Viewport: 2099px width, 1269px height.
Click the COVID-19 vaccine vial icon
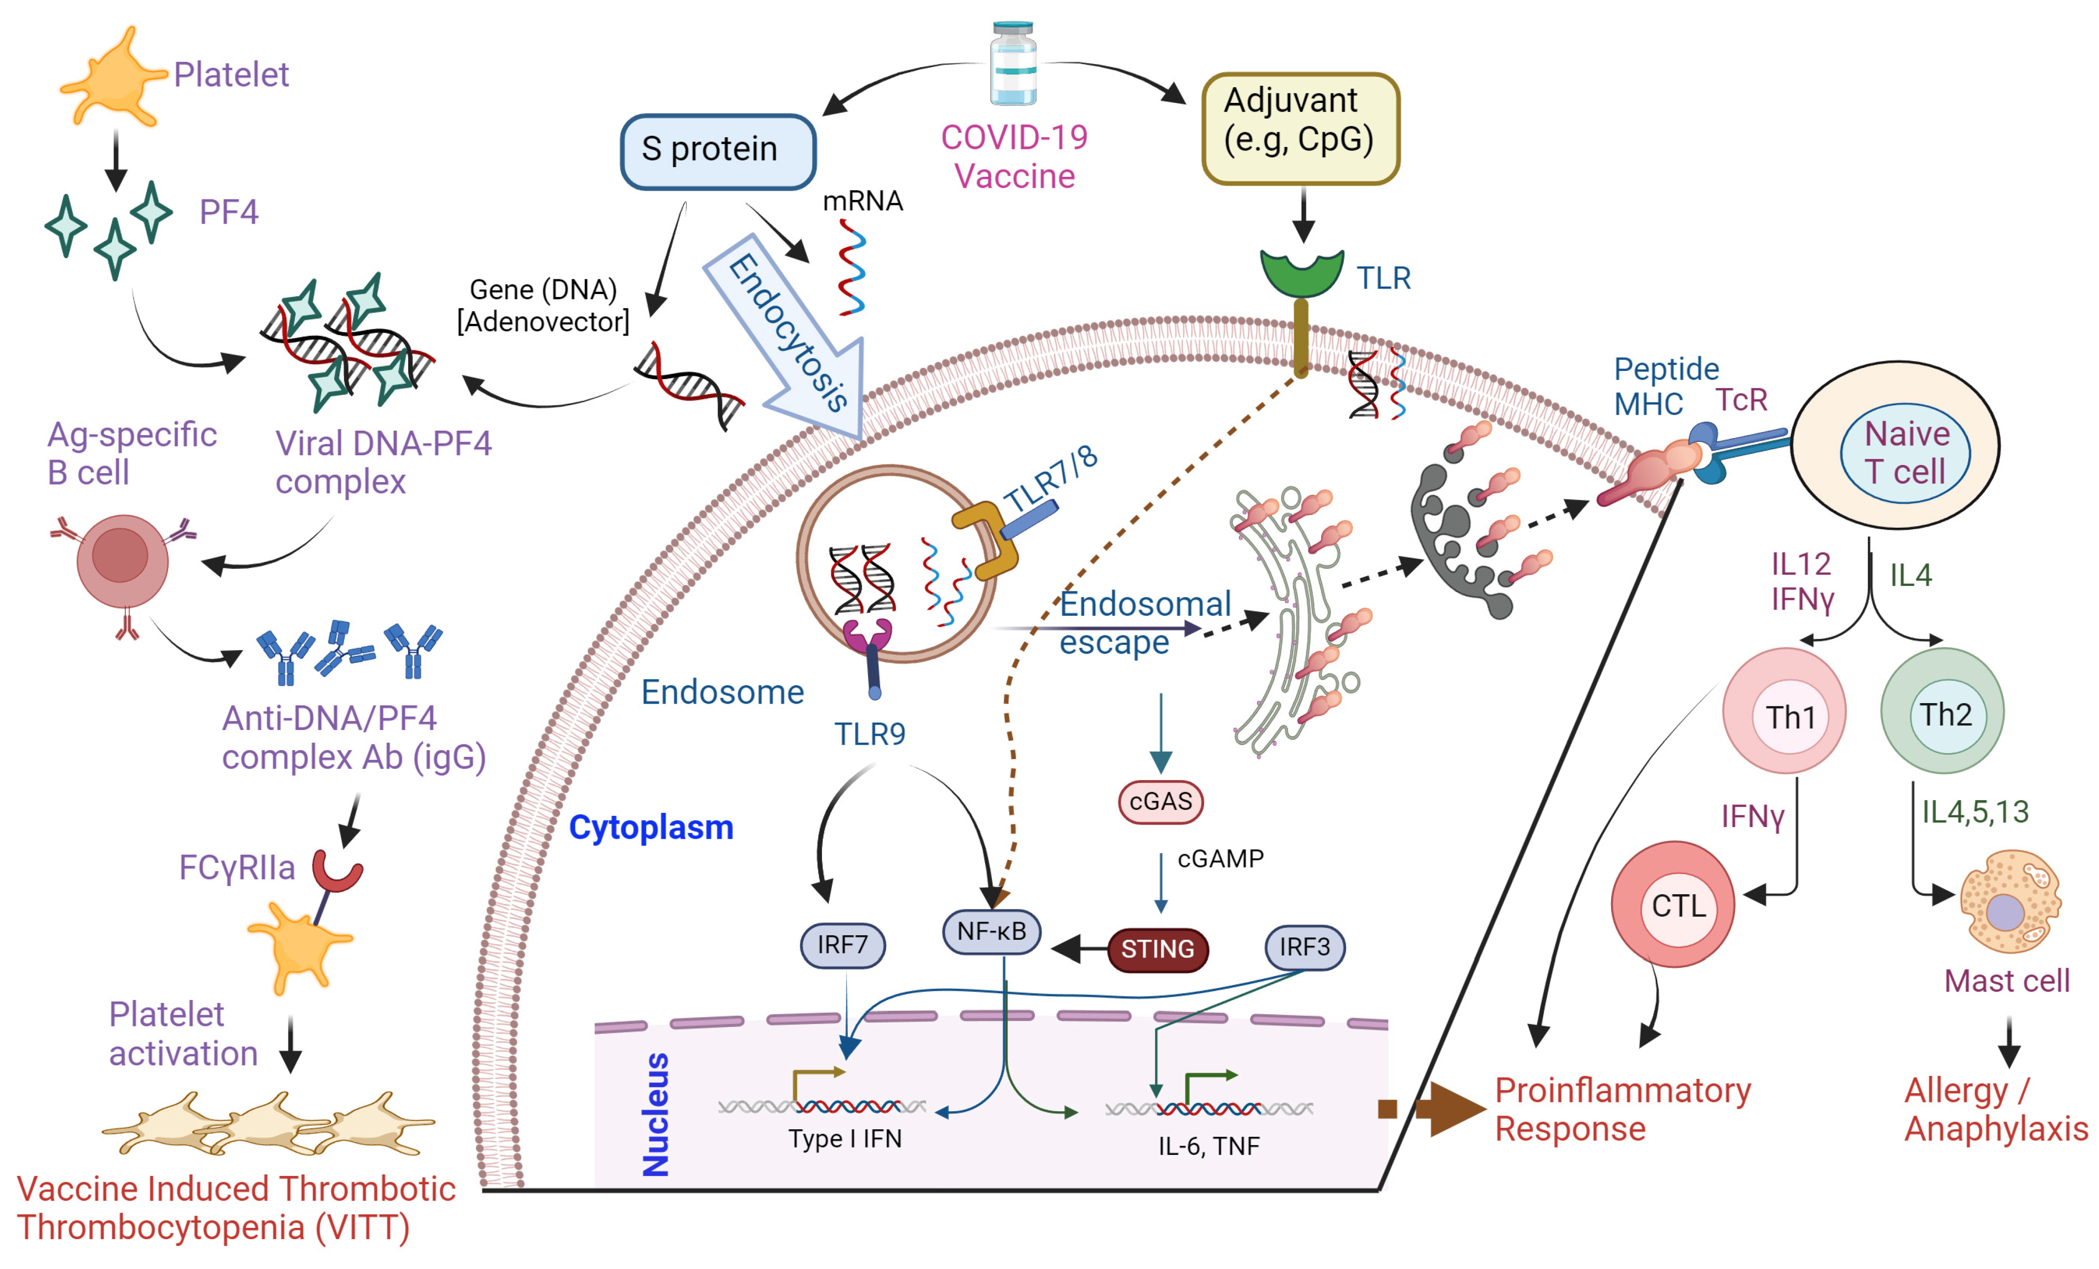pyautogui.click(x=1013, y=64)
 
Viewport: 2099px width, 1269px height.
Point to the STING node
pyautogui.click(x=1157, y=949)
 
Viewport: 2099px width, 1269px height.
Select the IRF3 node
pyautogui.click(x=1304, y=947)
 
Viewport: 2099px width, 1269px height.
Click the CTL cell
pyautogui.click(x=1673, y=904)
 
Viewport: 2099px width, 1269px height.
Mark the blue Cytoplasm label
pyautogui.click(x=651, y=827)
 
